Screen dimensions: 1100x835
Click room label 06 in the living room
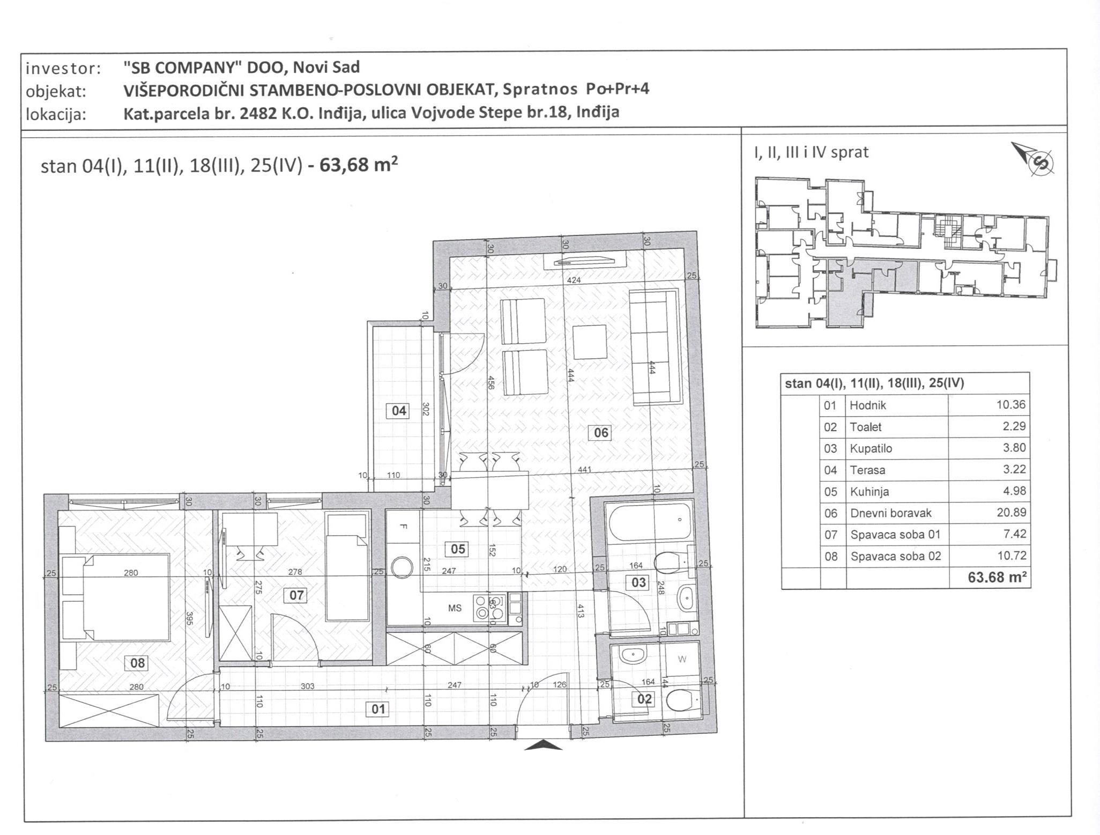point(601,432)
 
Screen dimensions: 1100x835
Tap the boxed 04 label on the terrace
point(399,411)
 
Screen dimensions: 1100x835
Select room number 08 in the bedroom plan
point(137,663)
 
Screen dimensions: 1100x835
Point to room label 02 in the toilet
point(644,699)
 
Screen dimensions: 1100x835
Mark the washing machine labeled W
point(682,660)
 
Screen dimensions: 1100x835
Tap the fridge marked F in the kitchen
point(404,526)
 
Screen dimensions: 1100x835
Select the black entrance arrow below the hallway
point(543,745)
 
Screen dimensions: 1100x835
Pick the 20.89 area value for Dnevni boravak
point(1011,513)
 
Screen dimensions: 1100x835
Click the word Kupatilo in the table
point(871,448)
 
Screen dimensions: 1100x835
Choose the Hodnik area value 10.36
point(1011,405)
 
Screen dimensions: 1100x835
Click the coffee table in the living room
point(590,342)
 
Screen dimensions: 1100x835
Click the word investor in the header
point(63,69)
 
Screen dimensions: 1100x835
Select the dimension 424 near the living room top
point(573,280)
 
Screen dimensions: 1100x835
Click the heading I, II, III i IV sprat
point(811,153)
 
